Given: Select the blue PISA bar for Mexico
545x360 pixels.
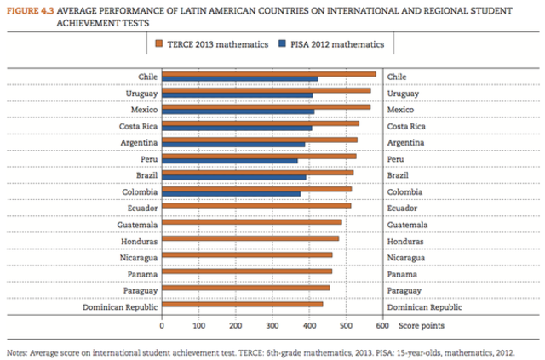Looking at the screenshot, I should click(238, 111).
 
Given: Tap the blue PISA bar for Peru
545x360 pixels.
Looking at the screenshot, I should click(230, 160).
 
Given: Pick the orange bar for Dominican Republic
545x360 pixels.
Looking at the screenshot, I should click(242, 304).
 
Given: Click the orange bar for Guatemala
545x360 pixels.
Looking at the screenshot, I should click(251, 221).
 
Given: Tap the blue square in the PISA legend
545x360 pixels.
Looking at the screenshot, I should click(282, 43).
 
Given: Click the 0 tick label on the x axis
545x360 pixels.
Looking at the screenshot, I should click(162, 325).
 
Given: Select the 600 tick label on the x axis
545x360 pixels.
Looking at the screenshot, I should click(381, 325).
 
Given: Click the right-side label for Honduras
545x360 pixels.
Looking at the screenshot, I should click(407, 240).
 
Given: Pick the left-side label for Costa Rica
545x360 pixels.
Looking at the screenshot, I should click(135, 126).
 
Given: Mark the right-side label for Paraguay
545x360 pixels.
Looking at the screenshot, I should click(406, 289).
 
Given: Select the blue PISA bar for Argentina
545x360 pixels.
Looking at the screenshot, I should click(233, 144).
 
